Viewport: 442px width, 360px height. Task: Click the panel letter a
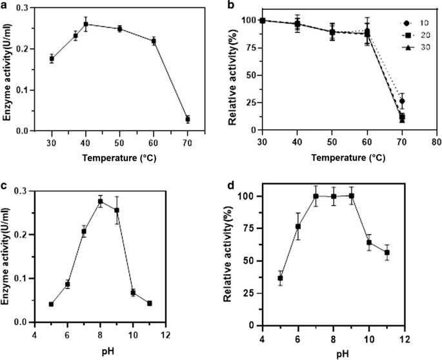pyautogui.click(x=5, y=5)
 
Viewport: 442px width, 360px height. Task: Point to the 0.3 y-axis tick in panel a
pyautogui.click(x=30, y=7)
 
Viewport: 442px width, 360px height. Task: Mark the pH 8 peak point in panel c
pyautogui.click(x=100, y=202)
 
